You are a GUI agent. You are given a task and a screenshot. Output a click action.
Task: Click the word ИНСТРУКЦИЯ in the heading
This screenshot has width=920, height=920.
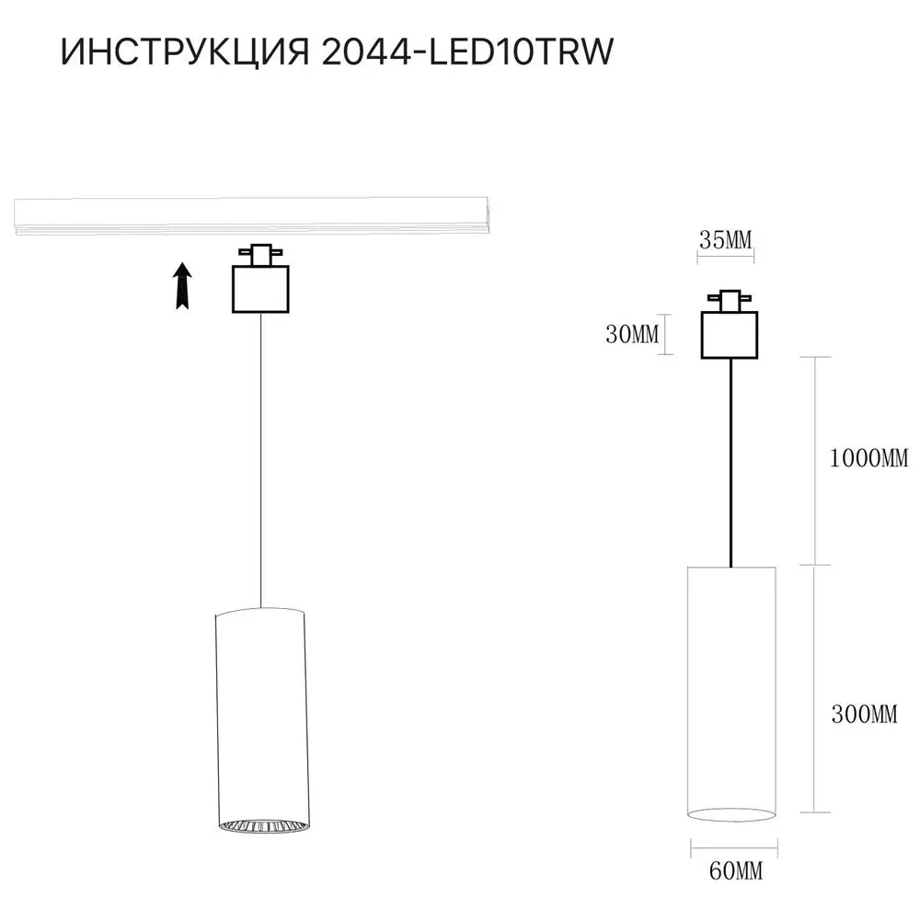pyautogui.click(x=185, y=52)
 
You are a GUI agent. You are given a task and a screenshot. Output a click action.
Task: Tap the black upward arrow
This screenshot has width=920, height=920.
pyautogui.click(x=184, y=286)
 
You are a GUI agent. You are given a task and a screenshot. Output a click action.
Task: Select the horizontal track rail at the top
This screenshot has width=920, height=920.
pyautogui.click(x=251, y=215)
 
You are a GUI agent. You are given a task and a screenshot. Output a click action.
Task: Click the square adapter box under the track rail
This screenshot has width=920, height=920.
pyautogui.click(x=260, y=289)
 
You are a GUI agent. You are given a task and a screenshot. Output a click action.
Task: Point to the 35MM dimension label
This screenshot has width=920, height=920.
pyautogui.click(x=725, y=239)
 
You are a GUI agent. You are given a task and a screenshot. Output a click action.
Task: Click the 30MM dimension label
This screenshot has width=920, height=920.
pyautogui.click(x=632, y=335)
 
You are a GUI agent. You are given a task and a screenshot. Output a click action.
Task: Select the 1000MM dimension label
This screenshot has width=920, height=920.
pyautogui.click(x=869, y=457)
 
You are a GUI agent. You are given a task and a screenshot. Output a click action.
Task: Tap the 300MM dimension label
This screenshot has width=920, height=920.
pyautogui.click(x=864, y=714)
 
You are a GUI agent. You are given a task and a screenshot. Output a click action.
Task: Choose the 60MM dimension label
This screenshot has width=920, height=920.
pyautogui.click(x=736, y=870)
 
